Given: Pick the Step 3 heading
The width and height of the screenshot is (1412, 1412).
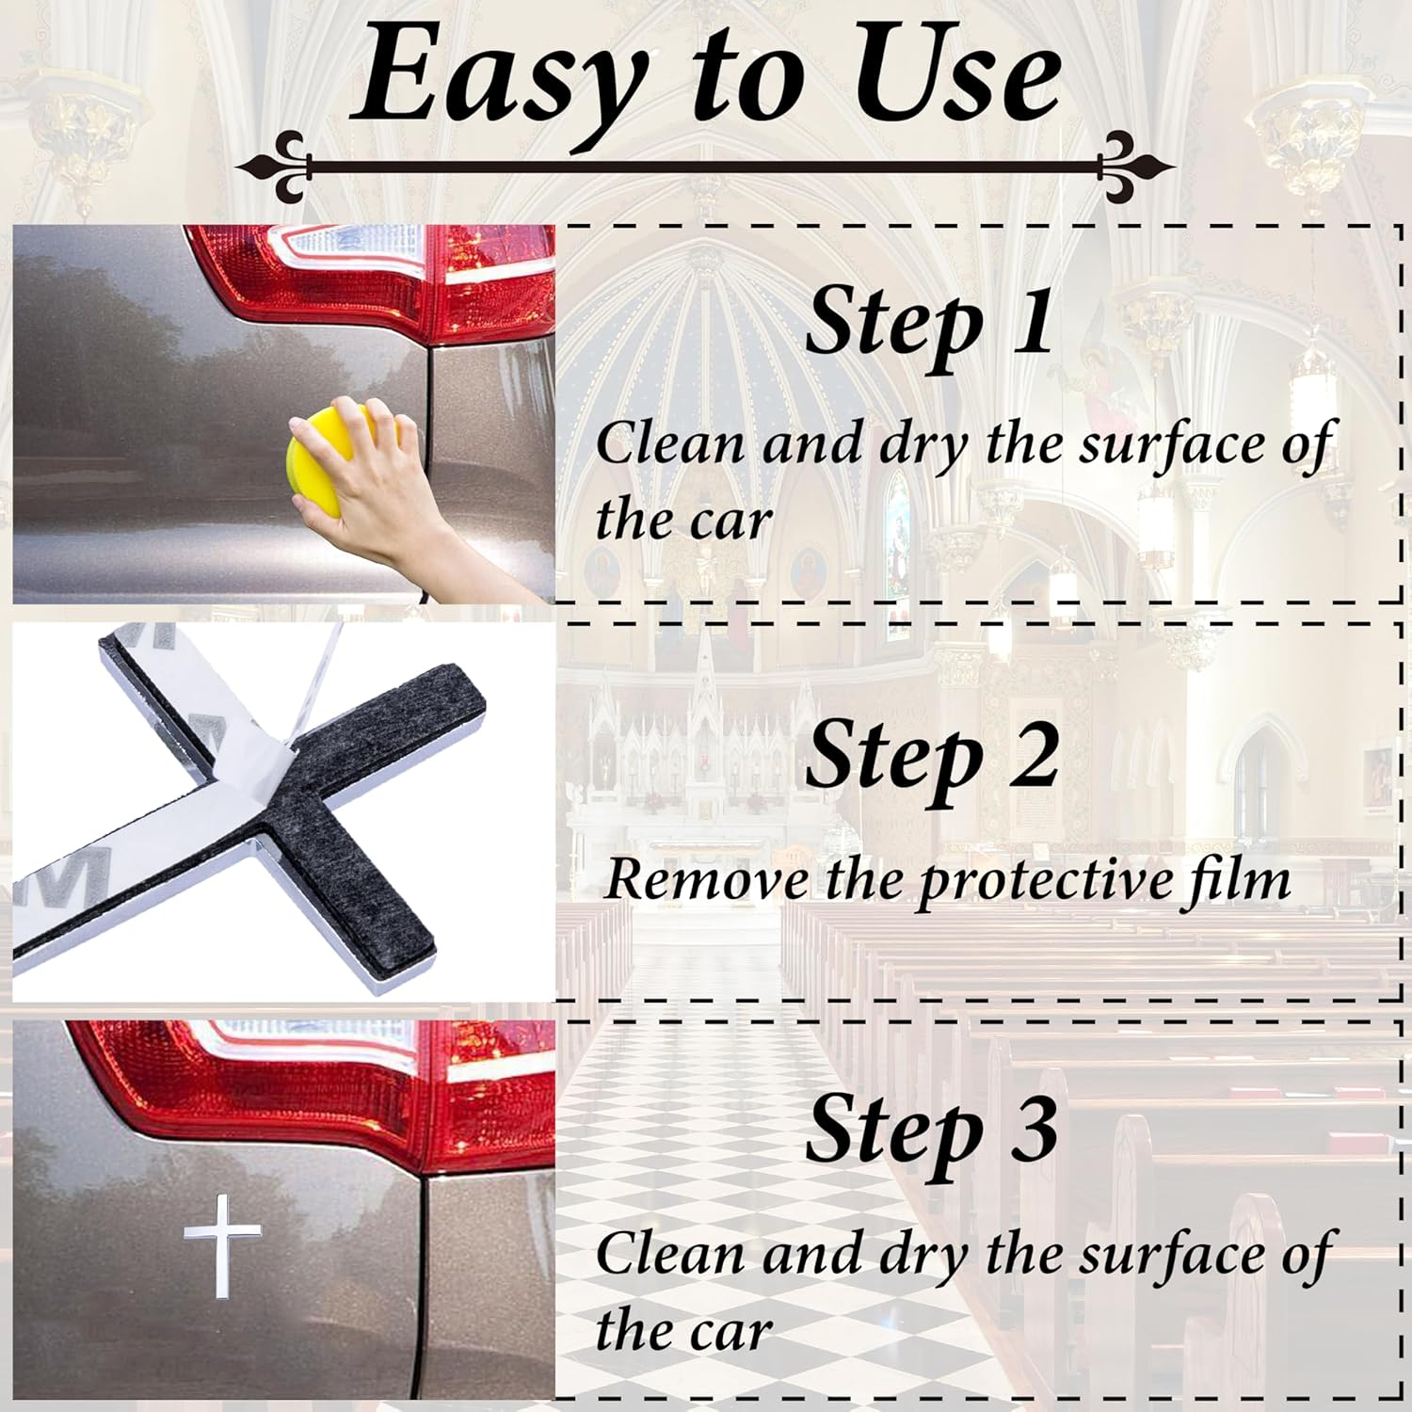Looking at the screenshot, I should coord(931,1130).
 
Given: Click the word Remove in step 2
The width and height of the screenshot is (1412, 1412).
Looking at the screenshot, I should coord(707,879).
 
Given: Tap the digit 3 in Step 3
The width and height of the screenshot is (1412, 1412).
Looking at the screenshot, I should coord(1035,1130).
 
